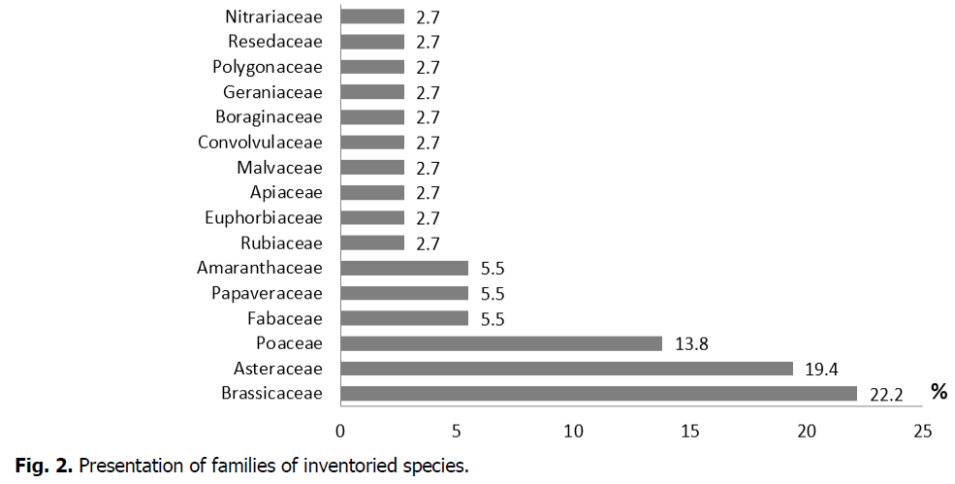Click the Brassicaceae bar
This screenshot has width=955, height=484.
click(598, 393)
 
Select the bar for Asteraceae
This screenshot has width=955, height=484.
click(566, 368)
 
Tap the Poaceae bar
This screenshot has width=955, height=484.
click(500, 342)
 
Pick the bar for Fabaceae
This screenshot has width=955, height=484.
click(403, 318)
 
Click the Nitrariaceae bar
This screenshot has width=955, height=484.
click(371, 16)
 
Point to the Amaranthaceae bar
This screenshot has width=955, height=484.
click(403, 268)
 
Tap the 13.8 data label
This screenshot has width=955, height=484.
click(690, 343)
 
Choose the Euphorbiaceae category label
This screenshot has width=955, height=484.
click(264, 217)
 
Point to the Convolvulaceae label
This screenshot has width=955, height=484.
click(260, 143)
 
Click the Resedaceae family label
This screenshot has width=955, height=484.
click(275, 42)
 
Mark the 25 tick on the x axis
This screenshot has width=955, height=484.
click(922, 430)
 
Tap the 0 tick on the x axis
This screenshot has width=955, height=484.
click(340, 430)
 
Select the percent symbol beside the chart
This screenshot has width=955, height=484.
click(938, 392)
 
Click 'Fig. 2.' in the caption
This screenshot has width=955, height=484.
click(42, 467)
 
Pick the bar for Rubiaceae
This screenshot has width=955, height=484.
click(371, 242)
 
